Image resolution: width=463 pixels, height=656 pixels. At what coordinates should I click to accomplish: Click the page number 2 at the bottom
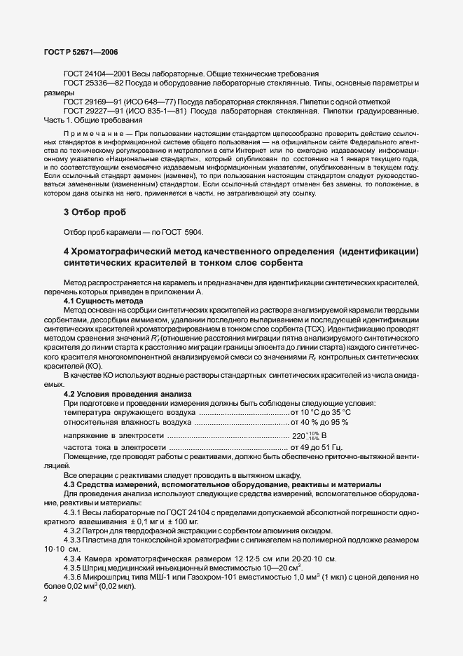(x=46, y=600)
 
